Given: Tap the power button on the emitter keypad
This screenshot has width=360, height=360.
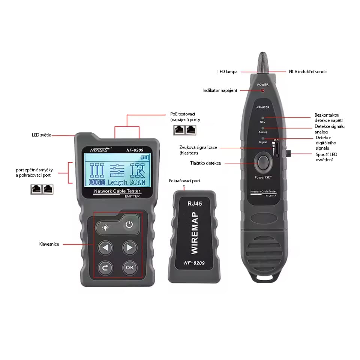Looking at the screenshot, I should click(x=129, y=225).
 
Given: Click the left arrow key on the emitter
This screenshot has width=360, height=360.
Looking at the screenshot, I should click(x=105, y=247).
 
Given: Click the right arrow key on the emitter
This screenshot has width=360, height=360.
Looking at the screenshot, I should click(x=129, y=247).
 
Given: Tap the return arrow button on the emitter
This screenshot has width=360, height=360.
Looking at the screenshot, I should click(x=105, y=267).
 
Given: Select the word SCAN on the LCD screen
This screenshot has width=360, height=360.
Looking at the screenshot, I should click(x=137, y=183).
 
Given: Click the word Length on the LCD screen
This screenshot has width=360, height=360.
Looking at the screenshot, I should click(x=117, y=183).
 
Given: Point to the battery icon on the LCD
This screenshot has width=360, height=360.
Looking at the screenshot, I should click(x=144, y=157).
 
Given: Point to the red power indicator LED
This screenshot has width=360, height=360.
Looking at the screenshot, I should click(x=263, y=90).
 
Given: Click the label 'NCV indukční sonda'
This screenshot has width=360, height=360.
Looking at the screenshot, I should click(x=307, y=72).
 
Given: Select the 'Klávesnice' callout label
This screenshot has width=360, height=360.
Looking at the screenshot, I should click(x=49, y=244).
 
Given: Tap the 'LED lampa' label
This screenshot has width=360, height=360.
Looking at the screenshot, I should click(x=227, y=72).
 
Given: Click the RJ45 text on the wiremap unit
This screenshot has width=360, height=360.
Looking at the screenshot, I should click(x=195, y=204).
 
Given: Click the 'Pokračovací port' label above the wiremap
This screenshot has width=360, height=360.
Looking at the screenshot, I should click(x=184, y=181).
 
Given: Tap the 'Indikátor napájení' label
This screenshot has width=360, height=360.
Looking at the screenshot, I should click(x=219, y=90).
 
